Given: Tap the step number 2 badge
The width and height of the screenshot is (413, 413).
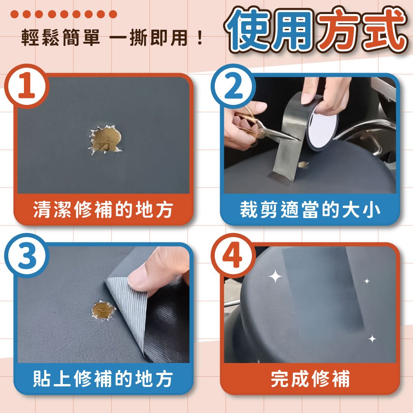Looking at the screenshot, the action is coord(233,86).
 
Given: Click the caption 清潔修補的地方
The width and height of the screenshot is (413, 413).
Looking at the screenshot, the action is coord(103,210).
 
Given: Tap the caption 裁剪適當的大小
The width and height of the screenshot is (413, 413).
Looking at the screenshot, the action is coord(310,210).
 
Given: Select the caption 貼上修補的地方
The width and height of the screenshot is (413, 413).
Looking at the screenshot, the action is coord(103,379).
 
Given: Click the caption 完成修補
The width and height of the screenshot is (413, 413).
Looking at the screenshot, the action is coord(310,379).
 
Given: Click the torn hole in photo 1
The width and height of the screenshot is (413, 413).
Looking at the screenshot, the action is coord(105,140).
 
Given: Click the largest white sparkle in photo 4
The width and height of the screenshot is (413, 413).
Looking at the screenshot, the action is coord(275,277).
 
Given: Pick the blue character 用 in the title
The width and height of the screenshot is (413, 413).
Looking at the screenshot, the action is coord(293,30).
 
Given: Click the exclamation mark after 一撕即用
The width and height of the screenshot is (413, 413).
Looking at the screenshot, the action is coord(200,38).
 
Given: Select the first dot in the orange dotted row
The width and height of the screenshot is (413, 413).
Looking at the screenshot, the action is coord(14,14).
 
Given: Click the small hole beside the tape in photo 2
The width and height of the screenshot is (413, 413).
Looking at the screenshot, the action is coord(303,165).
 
